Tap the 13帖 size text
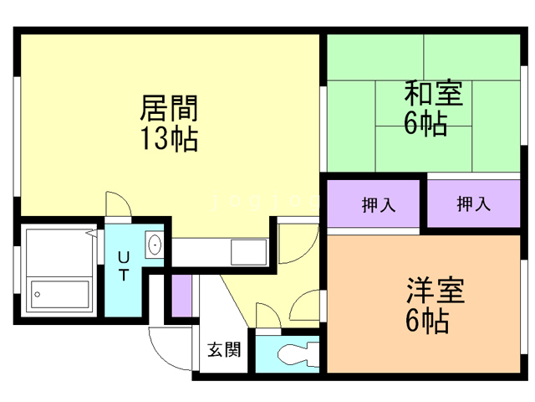(x=169, y=138)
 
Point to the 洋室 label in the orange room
(x=434, y=291)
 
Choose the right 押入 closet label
(x=473, y=204)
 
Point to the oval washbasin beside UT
(x=155, y=245)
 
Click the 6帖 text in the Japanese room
(x=425, y=123)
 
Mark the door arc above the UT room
(x=117, y=204)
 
